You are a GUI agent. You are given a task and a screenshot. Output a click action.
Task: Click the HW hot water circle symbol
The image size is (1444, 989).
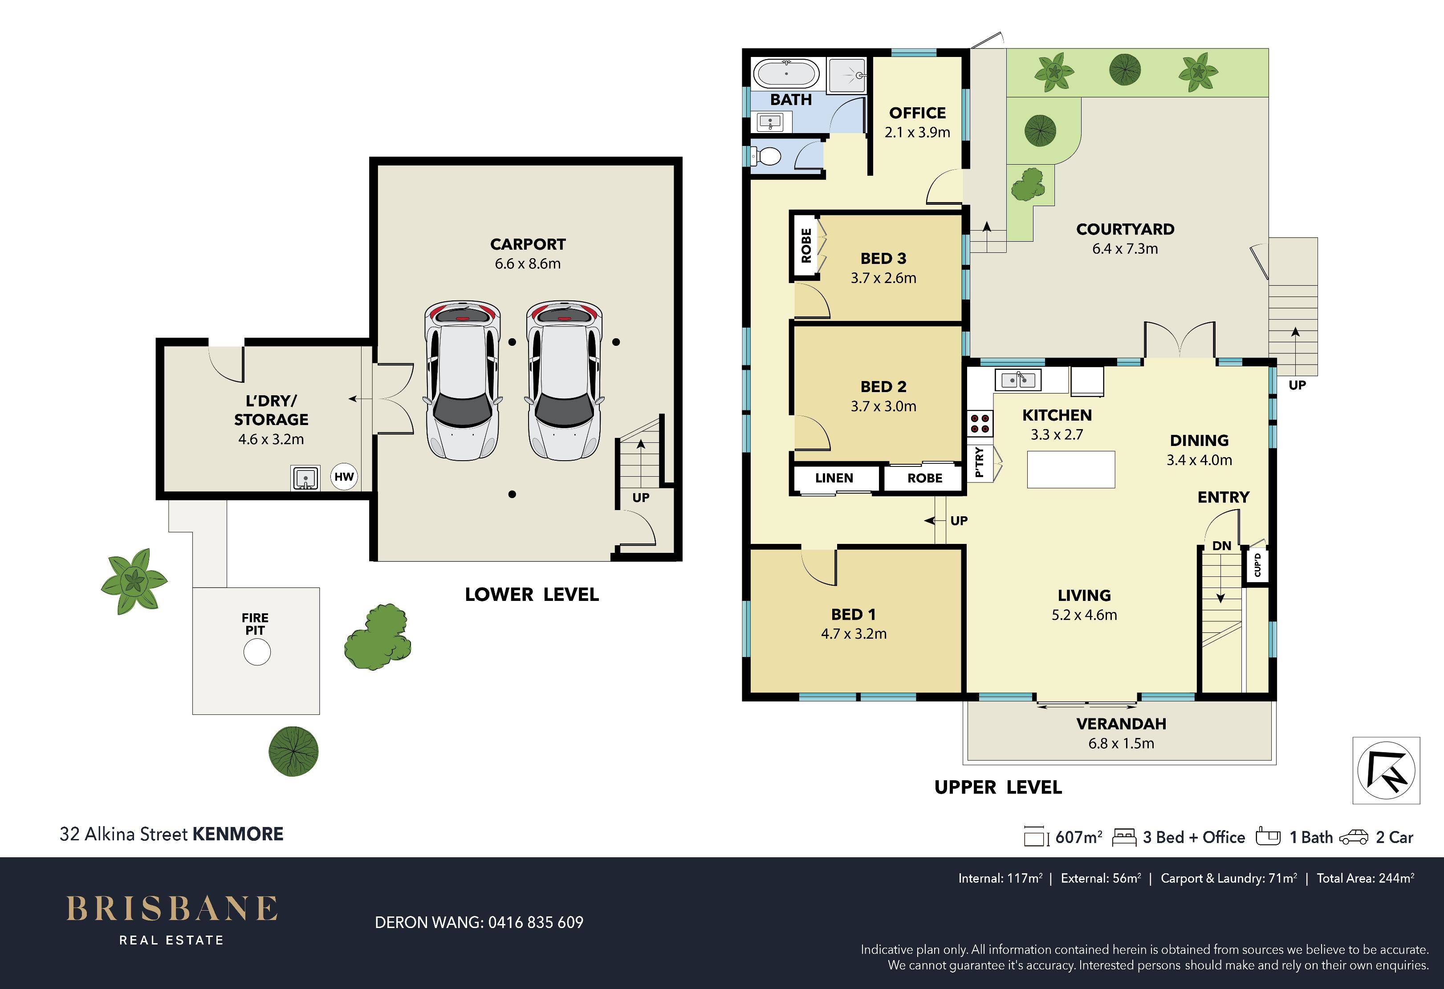pos(344,477)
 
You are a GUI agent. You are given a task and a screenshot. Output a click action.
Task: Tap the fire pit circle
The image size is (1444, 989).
pos(256,653)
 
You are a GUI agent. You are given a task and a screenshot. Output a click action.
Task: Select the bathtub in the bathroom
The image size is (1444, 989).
pos(787,74)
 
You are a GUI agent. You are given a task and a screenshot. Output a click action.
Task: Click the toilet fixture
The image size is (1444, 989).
pos(765,156)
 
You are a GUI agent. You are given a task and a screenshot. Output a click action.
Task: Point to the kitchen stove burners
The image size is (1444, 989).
pos(980,423)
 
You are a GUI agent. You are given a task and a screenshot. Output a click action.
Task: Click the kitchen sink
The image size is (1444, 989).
pos(1018,378)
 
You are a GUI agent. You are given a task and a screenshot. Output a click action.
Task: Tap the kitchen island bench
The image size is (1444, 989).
pos(1070,469)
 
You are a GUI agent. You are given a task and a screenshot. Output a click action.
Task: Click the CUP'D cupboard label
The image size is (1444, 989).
pos(1257,565)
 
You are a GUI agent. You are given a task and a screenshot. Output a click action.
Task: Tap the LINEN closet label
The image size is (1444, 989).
pos(834,478)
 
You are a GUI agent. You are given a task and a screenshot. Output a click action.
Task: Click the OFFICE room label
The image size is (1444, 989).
pos(917,113)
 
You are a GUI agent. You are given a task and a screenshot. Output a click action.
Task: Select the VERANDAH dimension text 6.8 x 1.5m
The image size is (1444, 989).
pos(1121,743)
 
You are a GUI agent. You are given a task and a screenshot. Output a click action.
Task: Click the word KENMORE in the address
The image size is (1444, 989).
pos(238,834)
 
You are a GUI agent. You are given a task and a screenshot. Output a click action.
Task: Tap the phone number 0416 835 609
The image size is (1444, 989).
pos(536,923)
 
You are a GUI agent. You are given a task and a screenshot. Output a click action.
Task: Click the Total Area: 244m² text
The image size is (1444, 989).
pos(1366,879)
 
